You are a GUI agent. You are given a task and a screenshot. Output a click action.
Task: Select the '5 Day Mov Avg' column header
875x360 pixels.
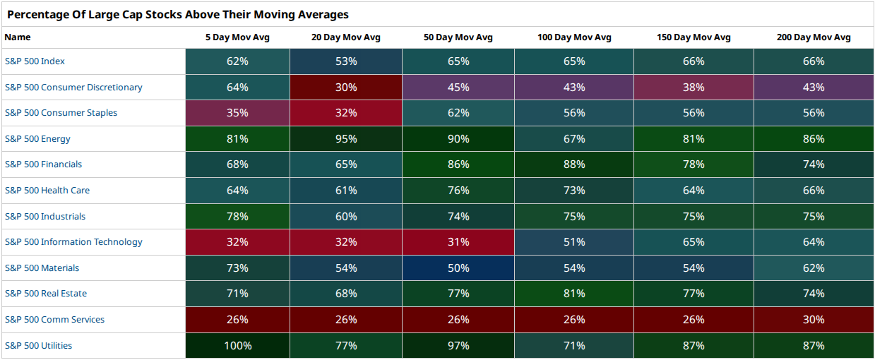pos(237,37)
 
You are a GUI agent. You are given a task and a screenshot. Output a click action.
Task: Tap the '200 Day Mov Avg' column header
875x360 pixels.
pos(814,37)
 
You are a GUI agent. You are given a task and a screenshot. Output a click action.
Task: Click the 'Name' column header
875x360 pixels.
pos(18,37)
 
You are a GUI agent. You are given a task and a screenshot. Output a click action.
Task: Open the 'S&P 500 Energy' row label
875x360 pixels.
pos(37,138)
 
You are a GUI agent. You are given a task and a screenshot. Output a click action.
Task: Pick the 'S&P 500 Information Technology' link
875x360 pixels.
pos(73,242)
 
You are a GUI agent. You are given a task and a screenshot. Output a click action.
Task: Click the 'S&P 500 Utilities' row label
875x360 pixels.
pos(38,346)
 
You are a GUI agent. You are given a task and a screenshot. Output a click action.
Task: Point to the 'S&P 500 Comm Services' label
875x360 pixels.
pos(54,319)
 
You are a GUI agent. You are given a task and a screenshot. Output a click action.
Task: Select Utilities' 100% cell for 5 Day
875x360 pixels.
pos(237,346)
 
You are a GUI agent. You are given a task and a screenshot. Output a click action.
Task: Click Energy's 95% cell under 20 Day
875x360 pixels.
pos(346,138)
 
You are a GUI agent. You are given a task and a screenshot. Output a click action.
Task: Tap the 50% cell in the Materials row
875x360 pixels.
pos(458,268)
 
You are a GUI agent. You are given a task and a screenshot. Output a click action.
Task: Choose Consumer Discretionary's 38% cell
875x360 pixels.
pos(694,87)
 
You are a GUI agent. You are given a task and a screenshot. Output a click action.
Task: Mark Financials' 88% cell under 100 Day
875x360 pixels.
pos(574,164)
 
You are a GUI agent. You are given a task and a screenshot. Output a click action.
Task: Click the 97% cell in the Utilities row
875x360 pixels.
pos(458,346)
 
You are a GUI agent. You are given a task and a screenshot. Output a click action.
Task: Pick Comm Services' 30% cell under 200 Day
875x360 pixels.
pos(814,319)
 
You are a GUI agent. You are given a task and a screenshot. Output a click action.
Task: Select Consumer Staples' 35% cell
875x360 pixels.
pos(237,113)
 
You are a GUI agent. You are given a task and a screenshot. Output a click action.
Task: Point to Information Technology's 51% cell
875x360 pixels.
pos(574,242)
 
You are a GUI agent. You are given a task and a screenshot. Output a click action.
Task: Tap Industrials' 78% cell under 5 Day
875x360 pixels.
pos(237,216)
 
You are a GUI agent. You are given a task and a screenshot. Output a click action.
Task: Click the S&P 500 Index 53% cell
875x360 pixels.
pos(346,61)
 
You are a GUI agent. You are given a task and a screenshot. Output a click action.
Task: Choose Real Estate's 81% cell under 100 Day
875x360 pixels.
pos(574,294)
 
